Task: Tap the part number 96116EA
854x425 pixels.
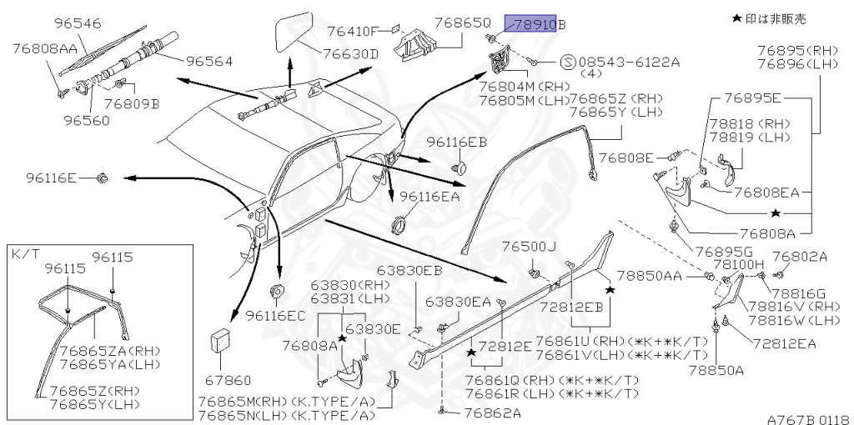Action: [430, 197]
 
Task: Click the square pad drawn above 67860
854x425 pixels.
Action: [221, 341]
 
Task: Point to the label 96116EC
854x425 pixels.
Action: [276, 316]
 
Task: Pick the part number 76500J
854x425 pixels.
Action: [528, 247]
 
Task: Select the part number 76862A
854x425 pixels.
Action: [492, 412]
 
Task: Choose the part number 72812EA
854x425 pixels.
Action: [784, 342]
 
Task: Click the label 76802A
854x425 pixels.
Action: [799, 257]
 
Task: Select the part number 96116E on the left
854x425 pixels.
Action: [51, 177]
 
